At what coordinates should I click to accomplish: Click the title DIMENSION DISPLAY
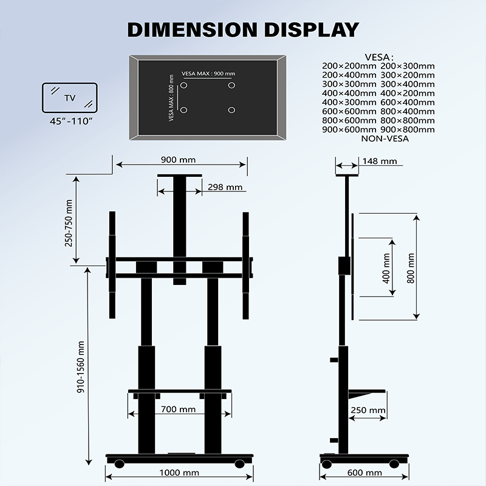pos(243,29)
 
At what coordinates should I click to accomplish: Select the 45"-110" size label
pos(70,121)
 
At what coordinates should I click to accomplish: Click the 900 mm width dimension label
pos(178,160)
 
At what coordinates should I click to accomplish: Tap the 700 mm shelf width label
pos(178,409)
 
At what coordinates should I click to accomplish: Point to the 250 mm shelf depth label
pos(368,410)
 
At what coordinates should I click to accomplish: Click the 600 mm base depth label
pos(364,473)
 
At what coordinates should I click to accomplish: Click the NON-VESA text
pos(385,139)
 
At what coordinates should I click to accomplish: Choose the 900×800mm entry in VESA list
pos(408,129)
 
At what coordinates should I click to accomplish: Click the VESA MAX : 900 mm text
pos(208,74)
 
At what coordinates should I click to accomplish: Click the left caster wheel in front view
pos(119,464)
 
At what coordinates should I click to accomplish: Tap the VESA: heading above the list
pos(378,56)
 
